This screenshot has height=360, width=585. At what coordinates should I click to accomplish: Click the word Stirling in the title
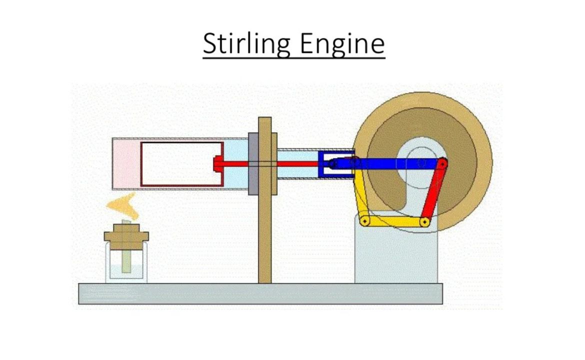pos(246,43)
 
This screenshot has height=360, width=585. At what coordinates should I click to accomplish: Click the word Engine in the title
pos(342,43)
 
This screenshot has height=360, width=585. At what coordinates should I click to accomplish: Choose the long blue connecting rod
pos(395,163)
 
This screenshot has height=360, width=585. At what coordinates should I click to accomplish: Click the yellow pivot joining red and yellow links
pos(424,221)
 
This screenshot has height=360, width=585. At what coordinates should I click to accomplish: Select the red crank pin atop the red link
pos(443,163)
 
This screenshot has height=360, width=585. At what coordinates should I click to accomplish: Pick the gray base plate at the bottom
pos(260,293)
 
